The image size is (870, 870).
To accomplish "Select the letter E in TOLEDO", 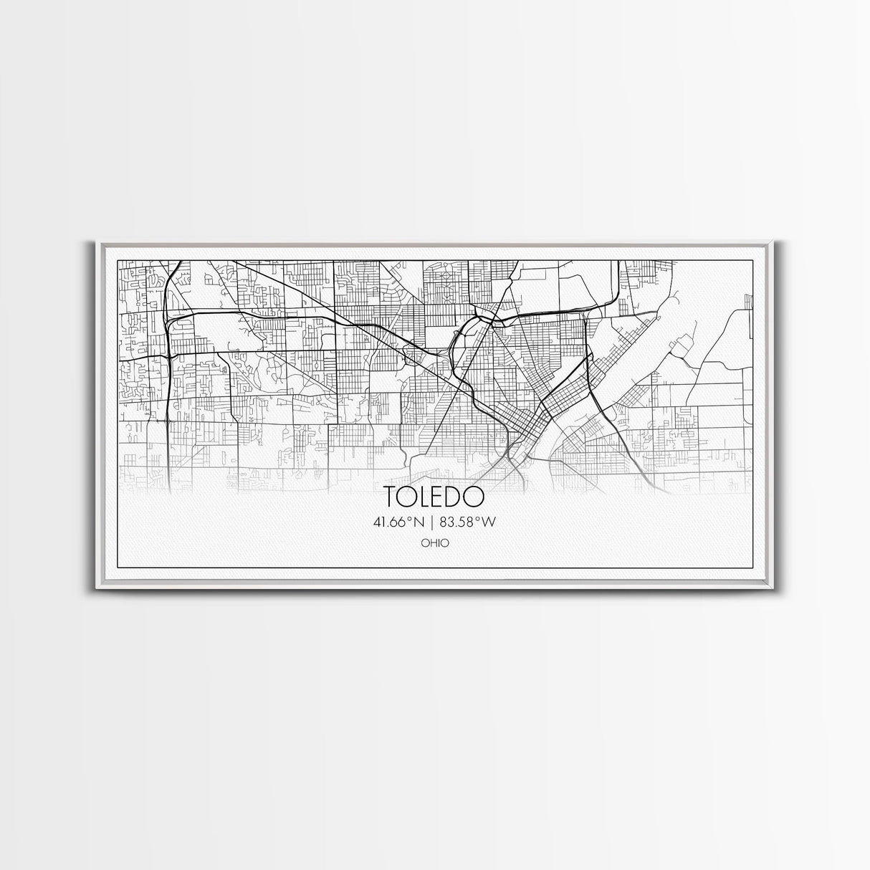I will (441, 497).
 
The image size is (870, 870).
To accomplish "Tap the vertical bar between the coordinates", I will (435, 522).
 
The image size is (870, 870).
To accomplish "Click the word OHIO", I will (435, 543).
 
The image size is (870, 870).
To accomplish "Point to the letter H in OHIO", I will (432, 543).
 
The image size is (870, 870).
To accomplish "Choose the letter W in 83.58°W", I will (490, 522).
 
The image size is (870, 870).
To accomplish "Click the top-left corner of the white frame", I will (96, 242).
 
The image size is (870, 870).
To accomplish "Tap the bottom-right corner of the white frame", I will (774, 589).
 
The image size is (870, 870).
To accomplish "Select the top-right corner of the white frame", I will (774, 242).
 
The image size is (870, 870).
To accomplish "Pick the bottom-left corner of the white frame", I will (96, 589).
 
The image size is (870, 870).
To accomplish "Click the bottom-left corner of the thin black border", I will (117, 569).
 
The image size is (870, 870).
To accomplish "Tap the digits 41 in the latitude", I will (379, 522).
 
